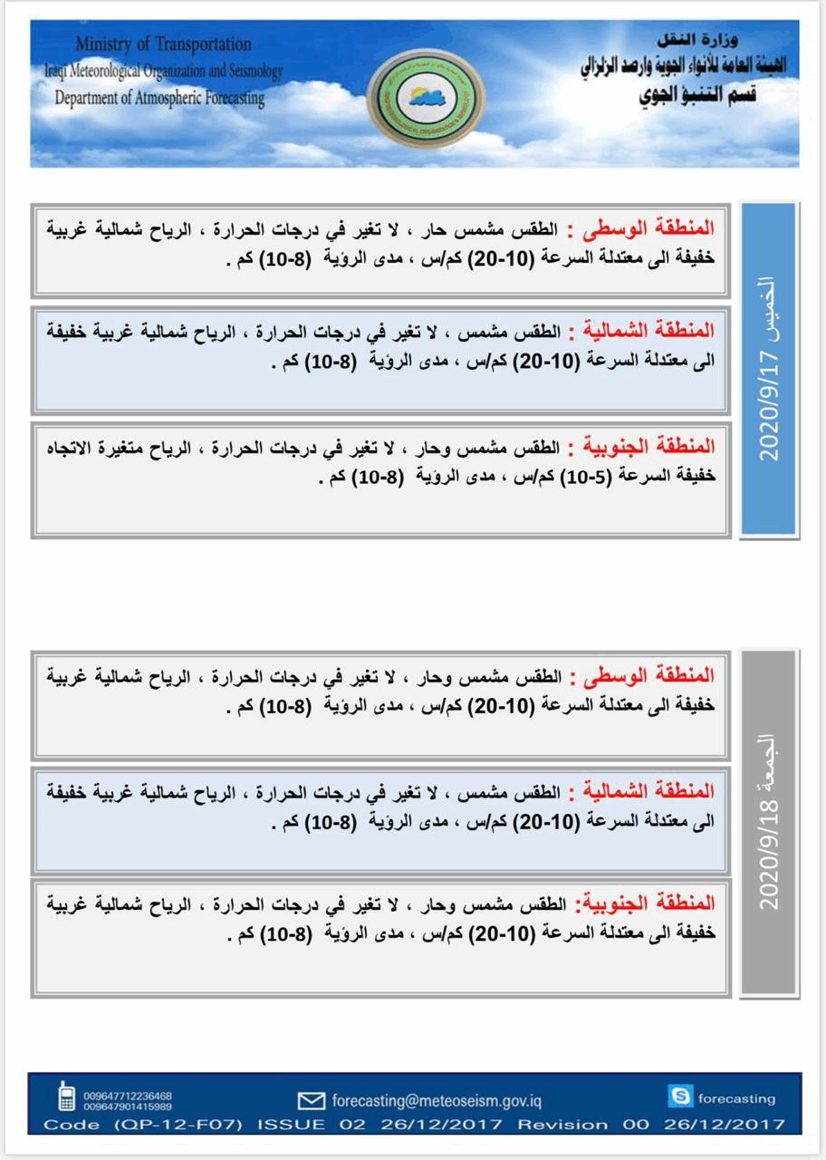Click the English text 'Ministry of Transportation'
point(163,44)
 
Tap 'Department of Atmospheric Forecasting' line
point(158,99)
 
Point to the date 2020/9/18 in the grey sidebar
point(770,855)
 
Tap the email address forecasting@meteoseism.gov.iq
point(437,1101)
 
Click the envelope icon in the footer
point(311,1101)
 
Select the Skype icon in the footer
point(679,1097)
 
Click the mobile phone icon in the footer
point(66,1097)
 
